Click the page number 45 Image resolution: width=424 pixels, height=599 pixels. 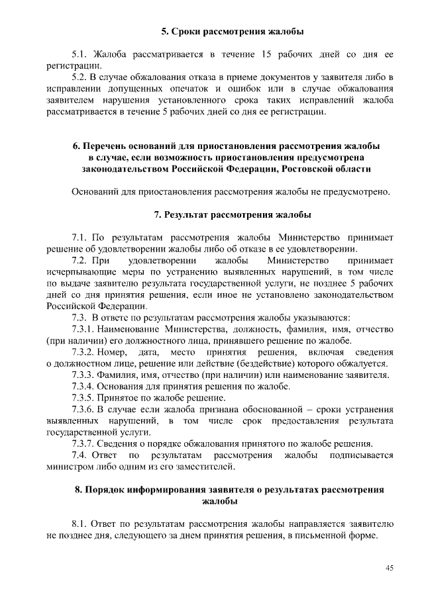point(390,567)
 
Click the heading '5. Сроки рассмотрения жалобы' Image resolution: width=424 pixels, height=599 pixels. point(234,31)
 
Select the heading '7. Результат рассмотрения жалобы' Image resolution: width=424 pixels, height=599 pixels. point(232,215)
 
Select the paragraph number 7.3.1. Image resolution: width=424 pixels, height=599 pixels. point(85,329)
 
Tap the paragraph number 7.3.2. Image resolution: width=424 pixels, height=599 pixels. point(85,352)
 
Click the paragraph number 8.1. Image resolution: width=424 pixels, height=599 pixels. point(79,524)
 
